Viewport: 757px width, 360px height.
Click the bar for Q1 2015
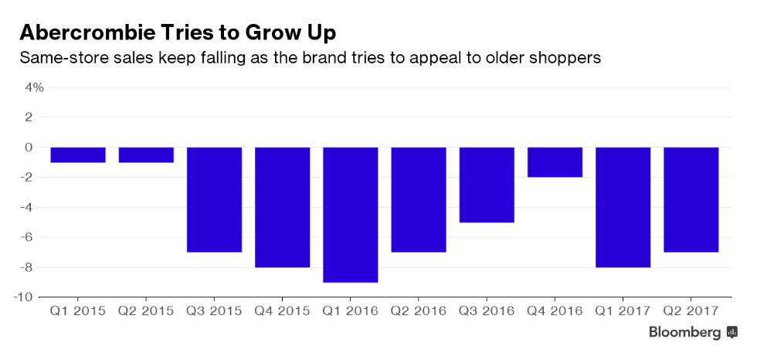pyautogui.click(x=78, y=155)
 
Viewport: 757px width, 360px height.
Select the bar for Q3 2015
pyautogui.click(x=214, y=199)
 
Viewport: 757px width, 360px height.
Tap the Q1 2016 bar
pyautogui.click(x=350, y=214)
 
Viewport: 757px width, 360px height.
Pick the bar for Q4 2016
pyautogui.click(x=555, y=162)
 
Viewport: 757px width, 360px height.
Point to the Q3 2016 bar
pyautogui.click(x=487, y=185)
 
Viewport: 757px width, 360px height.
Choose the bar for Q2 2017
pyautogui.click(x=691, y=199)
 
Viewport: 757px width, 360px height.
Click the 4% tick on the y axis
pyautogui.click(x=34, y=87)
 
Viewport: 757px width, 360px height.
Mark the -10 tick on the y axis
pyautogui.click(x=32, y=297)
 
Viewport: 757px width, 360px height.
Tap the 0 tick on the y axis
pyautogui.click(x=39, y=147)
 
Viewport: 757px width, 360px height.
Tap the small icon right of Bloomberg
pyautogui.click(x=732, y=333)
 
